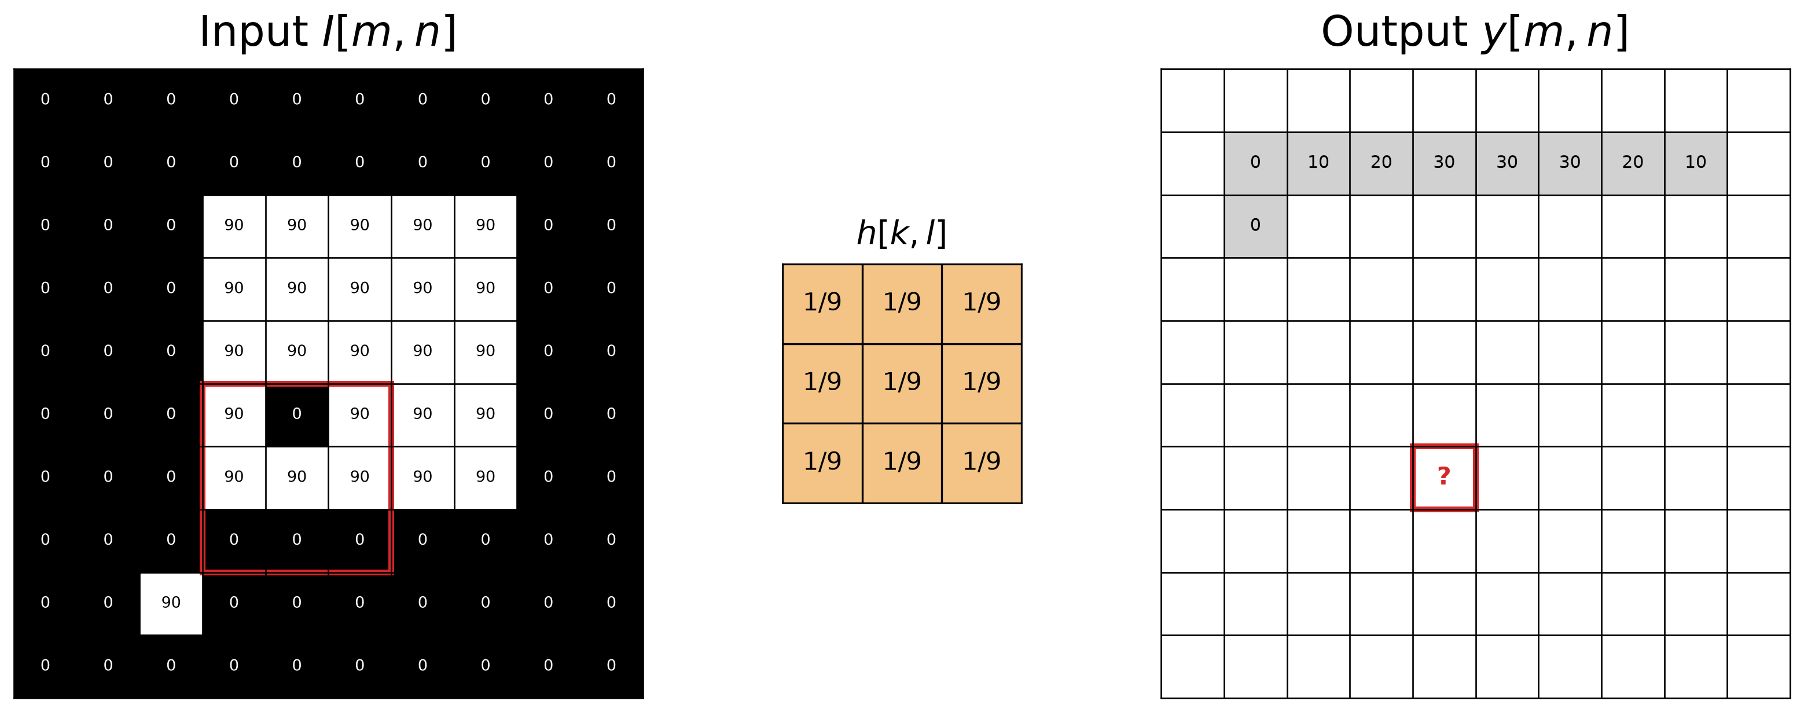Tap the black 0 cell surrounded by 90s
297,414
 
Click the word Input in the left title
253,32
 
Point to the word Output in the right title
1394,32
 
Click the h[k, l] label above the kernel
901,233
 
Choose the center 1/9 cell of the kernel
902,384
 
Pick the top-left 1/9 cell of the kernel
822,304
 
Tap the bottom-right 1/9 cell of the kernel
982,463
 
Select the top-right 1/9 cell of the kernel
982,304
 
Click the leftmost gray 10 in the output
1318,163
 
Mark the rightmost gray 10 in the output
1695,163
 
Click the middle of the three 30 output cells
1507,163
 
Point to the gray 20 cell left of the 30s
1381,163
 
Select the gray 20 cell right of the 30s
1633,163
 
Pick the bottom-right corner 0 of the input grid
611,666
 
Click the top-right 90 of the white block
486,225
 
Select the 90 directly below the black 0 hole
297,478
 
